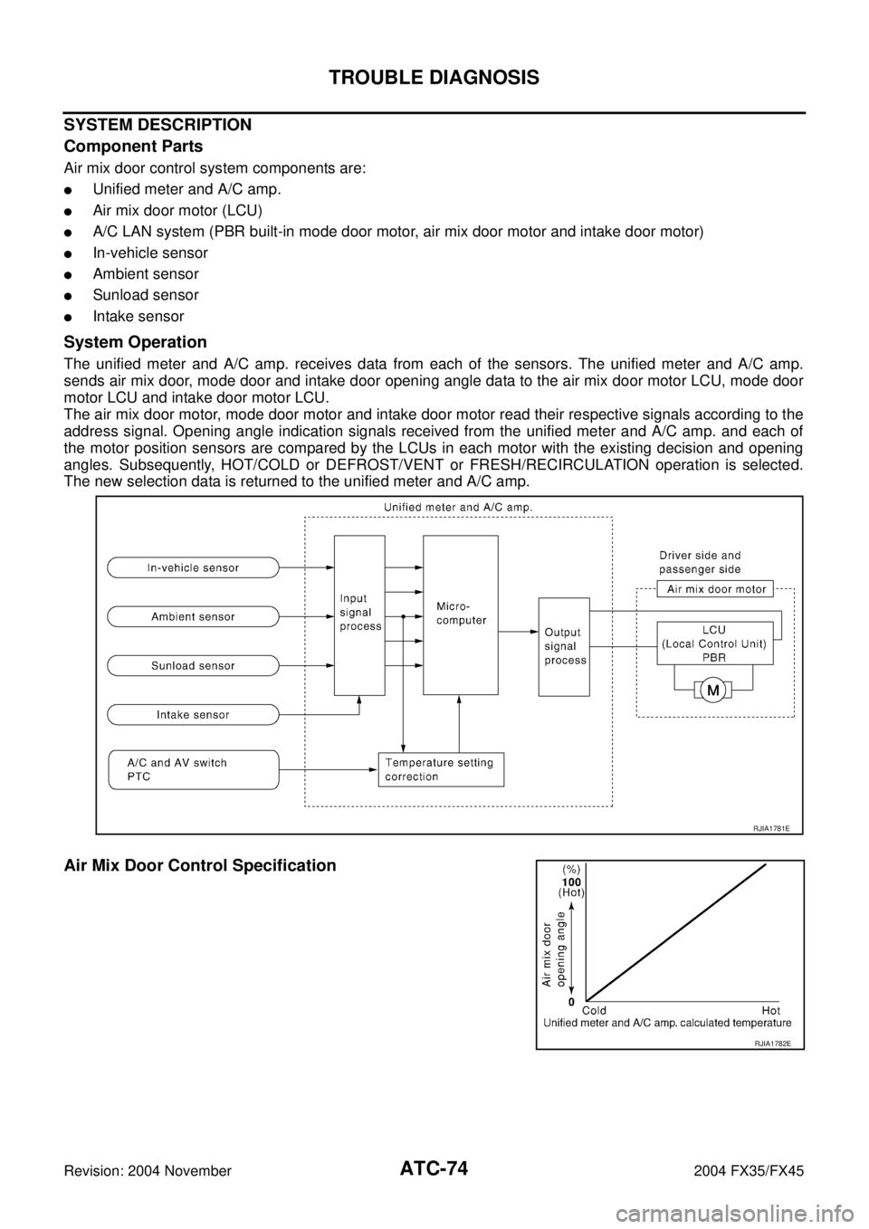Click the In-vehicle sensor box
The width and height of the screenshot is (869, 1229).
pyautogui.click(x=193, y=567)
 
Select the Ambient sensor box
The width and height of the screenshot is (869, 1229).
pyautogui.click(x=193, y=616)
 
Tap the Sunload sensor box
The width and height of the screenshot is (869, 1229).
pyautogui.click(x=193, y=665)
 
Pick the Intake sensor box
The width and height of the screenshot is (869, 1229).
pyautogui.click(x=193, y=714)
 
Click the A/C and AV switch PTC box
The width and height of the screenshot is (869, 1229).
pyautogui.click(x=193, y=769)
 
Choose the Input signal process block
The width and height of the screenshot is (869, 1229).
pyautogui.click(x=359, y=615)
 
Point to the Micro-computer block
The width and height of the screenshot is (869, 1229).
pyautogui.click(x=460, y=615)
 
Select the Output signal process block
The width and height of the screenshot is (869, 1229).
pyautogui.click(x=564, y=647)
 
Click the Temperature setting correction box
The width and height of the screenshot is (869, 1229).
pyautogui.click(x=440, y=769)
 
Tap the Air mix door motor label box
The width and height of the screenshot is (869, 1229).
pyautogui.click(x=715, y=589)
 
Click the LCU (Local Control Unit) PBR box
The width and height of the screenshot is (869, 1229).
pyautogui.click(x=715, y=643)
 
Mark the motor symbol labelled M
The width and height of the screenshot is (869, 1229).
pyautogui.click(x=713, y=691)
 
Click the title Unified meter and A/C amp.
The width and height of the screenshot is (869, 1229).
pyautogui.click(x=456, y=507)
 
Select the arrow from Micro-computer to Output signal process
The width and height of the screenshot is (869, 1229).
pyautogui.click(x=518, y=631)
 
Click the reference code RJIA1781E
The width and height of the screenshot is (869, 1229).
pyautogui.click(x=772, y=826)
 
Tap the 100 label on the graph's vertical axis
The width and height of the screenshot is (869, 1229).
pyautogui.click(x=570, y=881)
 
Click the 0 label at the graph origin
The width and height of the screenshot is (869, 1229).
pyautogui.click(x=572, y=1003)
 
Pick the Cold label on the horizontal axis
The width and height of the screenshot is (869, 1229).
pyautogui.click(x=594, y=1010)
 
